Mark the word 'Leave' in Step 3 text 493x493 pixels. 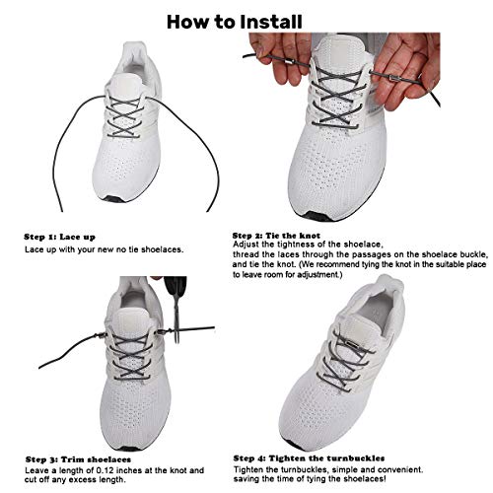tap(37, 443)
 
